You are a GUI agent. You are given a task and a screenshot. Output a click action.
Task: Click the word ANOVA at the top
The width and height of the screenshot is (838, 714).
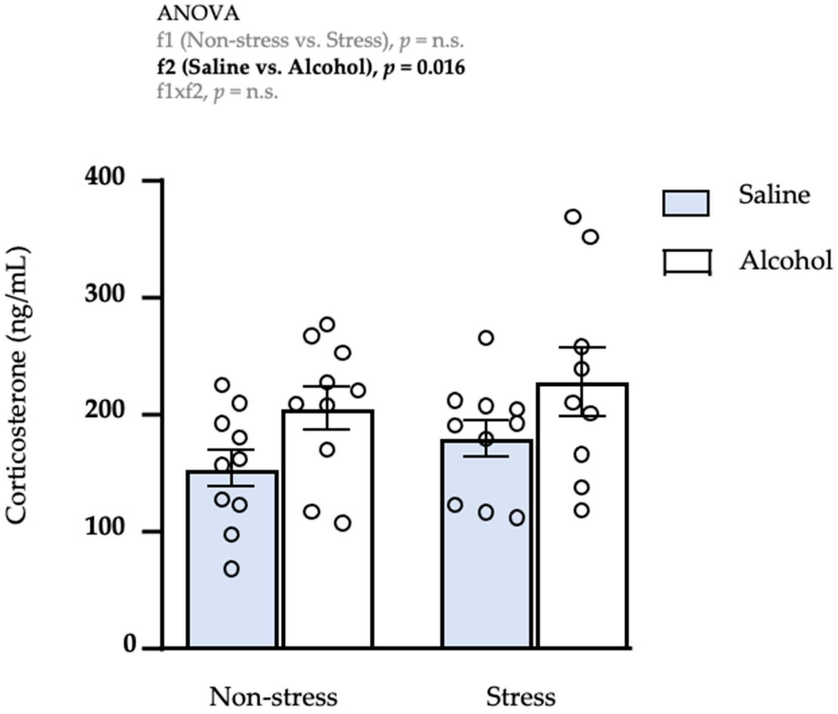click(x=198, y=14)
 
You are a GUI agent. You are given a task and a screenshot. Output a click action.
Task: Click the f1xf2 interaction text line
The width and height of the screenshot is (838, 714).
click(x=217, y=92)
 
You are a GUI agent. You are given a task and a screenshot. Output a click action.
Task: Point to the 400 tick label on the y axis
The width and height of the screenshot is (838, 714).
click(x=105, y=177)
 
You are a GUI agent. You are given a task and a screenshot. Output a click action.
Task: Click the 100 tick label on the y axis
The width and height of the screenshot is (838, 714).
click(x=105, y=527)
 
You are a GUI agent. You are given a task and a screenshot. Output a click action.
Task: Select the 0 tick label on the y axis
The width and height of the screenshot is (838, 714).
click(x=130, y=645)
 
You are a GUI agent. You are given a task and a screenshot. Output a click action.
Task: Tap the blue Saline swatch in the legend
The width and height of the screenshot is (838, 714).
click(x=686, y=203)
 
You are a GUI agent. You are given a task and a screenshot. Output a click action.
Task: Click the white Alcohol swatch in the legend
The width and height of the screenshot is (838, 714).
click(x=687, y=262)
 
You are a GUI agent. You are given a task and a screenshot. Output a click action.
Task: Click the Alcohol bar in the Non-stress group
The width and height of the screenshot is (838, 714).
click(x=327, y=560)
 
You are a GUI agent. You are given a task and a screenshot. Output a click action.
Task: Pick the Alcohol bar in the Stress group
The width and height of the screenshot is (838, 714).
click(x=582, y=560)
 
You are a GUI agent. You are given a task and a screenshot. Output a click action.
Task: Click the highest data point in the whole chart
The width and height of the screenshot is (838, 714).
click(x=573, y=217)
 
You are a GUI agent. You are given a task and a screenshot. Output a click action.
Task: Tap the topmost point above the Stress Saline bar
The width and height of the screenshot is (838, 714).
click(x=486, y=338)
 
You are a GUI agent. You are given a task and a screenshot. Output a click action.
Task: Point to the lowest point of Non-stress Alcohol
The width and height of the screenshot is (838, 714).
click(x=343, y=524)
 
